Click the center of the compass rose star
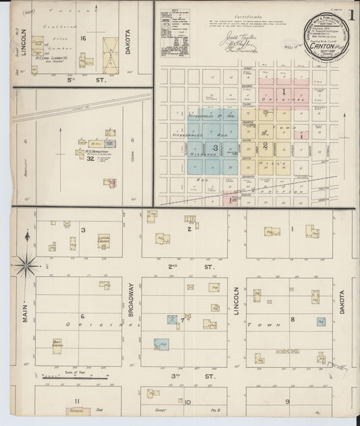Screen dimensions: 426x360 pos(26,265)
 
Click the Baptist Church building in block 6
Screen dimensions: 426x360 pos(58,345)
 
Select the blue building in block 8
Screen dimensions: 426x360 pos(320,321)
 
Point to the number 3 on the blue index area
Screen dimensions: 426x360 pos(215,147)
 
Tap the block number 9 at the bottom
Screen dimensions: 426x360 pos(287,402)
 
